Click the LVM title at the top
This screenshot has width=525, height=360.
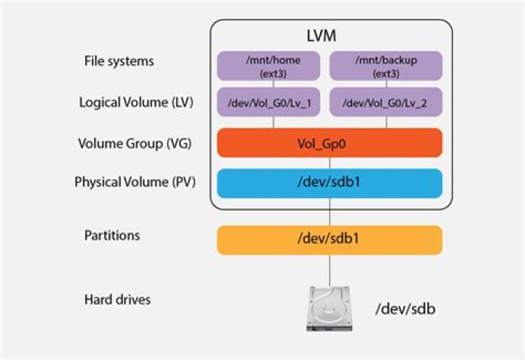[330, 36]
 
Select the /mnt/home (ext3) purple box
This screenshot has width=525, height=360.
[273, 66]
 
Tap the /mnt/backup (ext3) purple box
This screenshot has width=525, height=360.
[386, 66]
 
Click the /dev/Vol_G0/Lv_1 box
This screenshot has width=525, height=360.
[273, 103]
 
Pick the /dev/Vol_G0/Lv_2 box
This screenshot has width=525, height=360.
[386, 103]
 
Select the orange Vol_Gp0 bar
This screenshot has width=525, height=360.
[330, 143]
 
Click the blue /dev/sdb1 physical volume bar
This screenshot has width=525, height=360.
[330, 183]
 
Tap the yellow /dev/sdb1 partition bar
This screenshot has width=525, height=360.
[330, 240]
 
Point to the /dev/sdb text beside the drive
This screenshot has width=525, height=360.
[407, 308]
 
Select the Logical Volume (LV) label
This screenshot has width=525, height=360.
[136, 103]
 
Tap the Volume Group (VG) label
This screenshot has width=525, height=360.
[134, 143]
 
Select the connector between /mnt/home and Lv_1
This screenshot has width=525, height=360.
[273, 84]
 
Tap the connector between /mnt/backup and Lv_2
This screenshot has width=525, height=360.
[386, 84]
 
